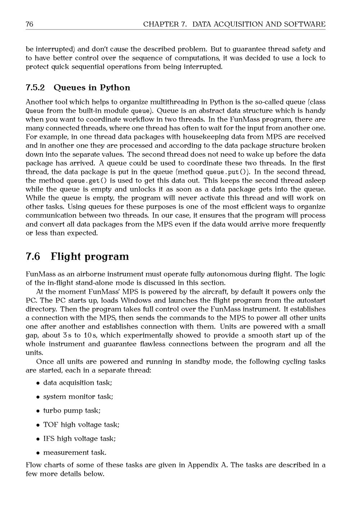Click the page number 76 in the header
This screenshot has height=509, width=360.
coord(30,24)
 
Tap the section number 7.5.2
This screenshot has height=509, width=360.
coord(35,88)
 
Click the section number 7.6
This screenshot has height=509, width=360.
coord(33,257)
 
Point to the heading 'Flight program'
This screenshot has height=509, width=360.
coord(90,257)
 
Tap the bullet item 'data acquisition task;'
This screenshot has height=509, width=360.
coord(77,383)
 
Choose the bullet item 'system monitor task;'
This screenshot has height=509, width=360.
coord(78,397)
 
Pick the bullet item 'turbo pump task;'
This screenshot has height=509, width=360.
coord(72,411)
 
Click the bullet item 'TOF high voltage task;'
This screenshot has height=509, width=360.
coord(81,425)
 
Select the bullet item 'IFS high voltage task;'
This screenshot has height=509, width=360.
coord(79,439)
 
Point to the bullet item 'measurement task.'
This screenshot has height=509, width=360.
coord(75,452)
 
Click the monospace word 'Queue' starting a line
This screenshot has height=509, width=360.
coord(35,111)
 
